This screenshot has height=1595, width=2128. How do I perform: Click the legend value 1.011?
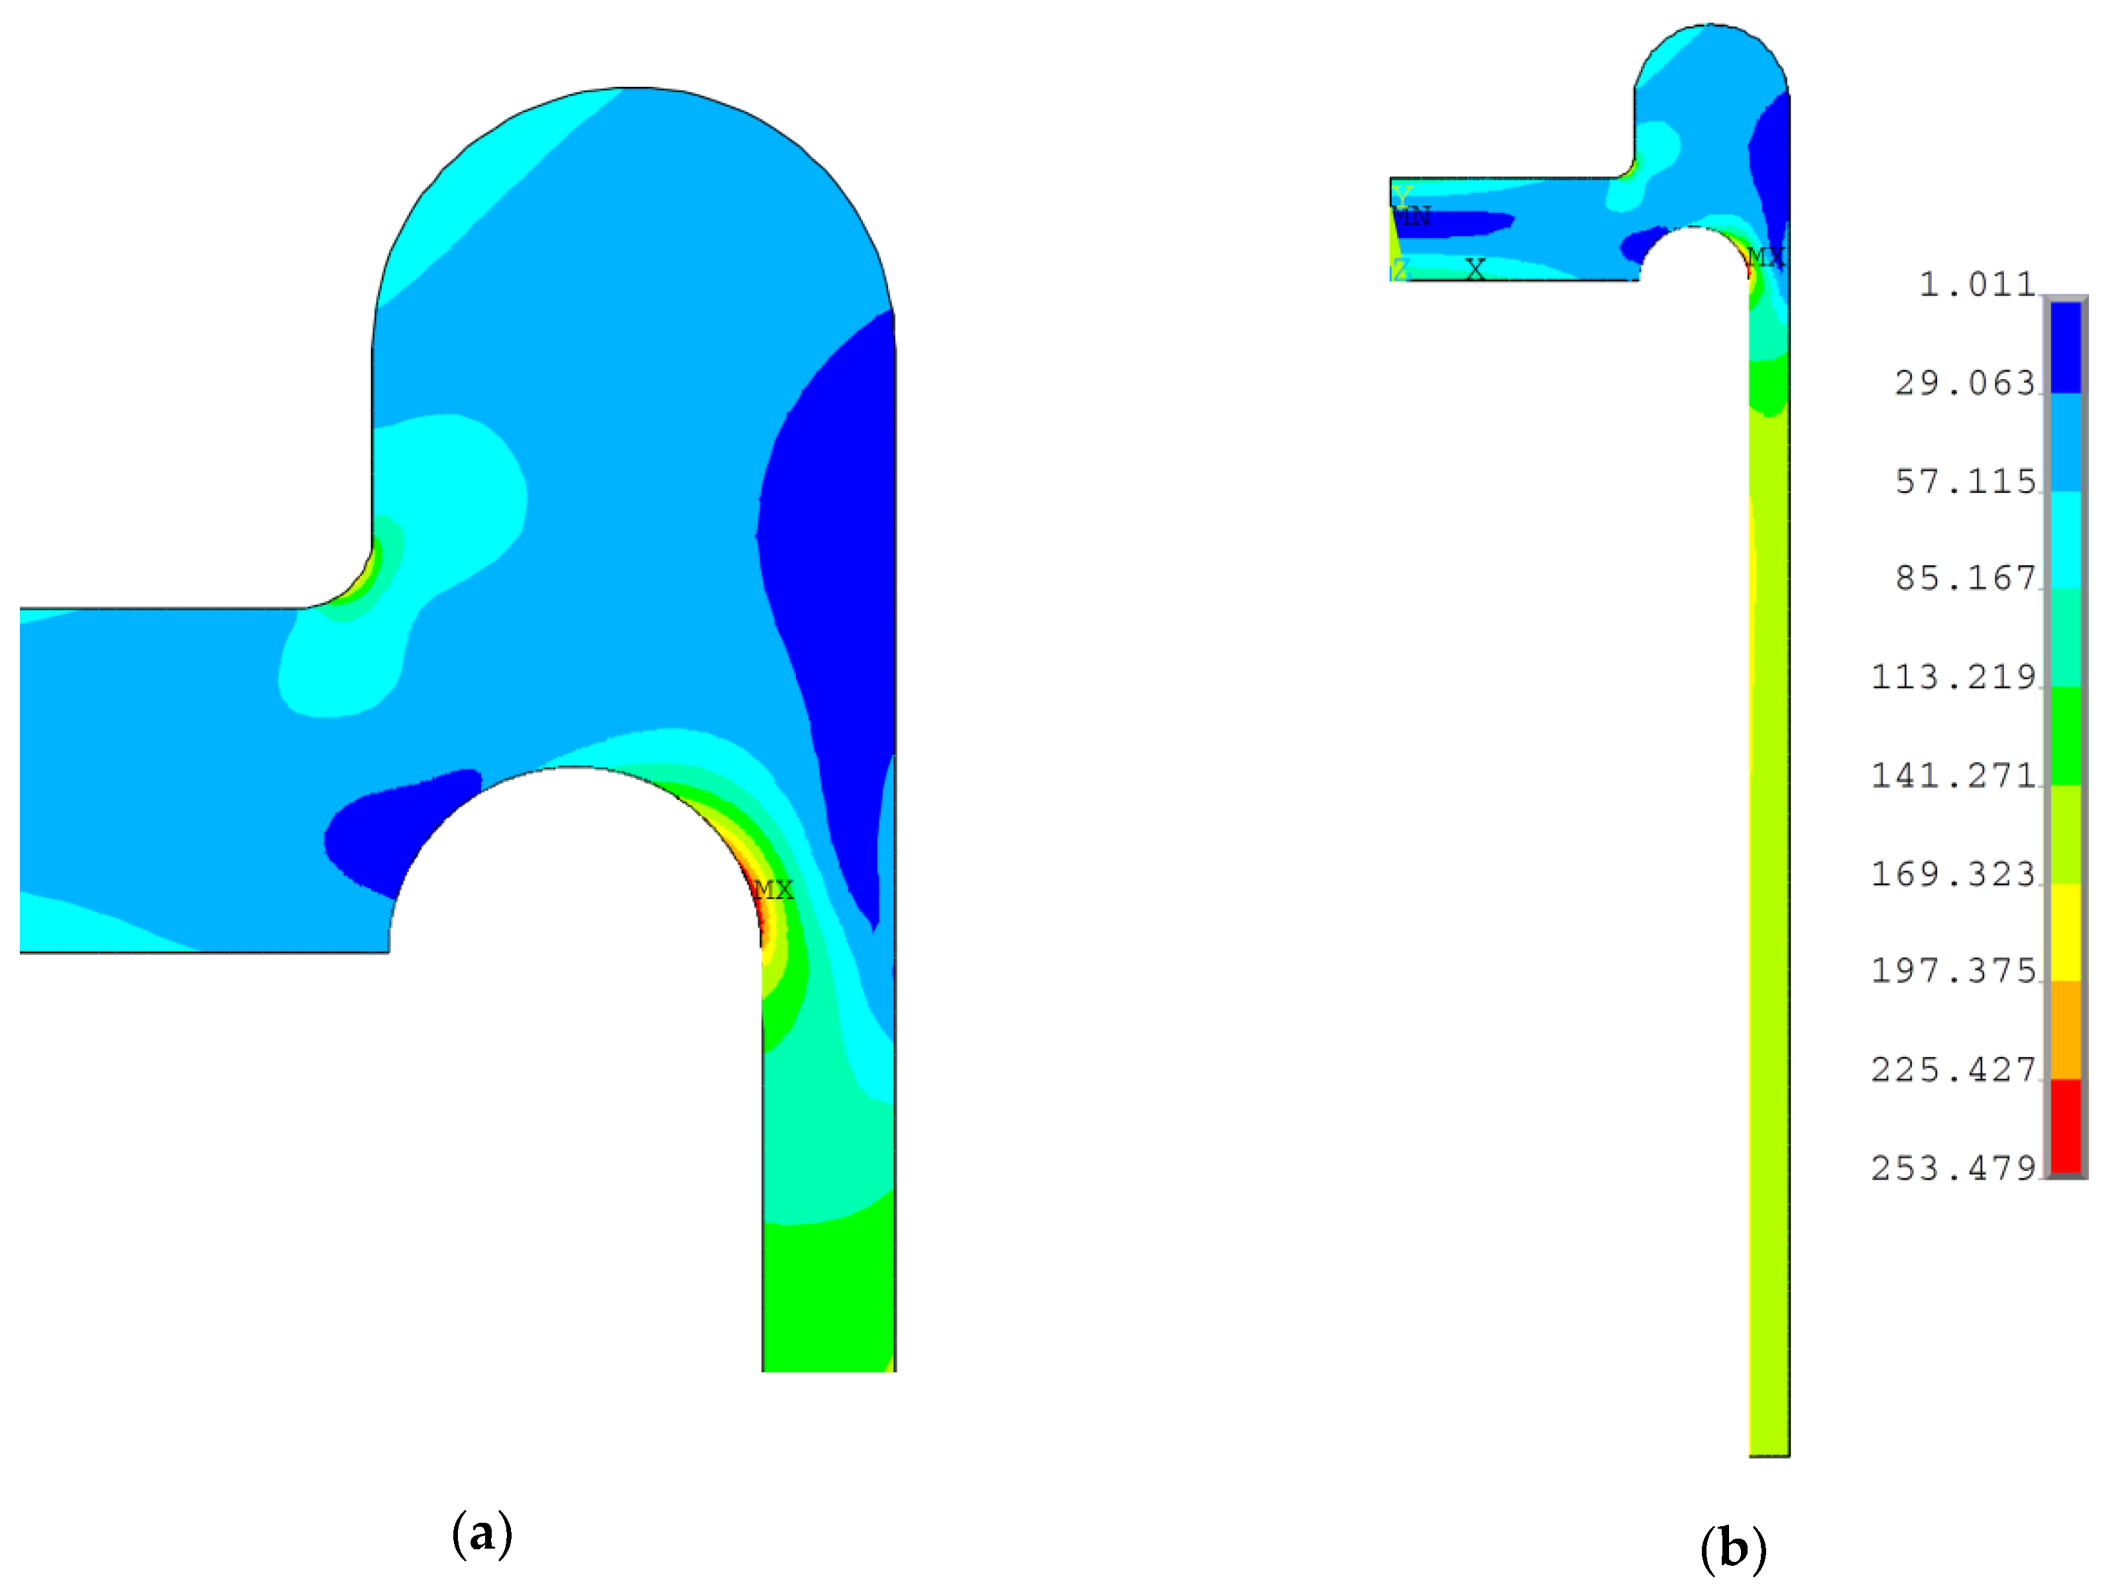1977,285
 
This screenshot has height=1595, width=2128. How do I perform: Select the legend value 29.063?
1966,384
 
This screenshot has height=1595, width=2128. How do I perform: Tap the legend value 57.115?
1966,482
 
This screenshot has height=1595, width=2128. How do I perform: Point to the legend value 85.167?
1966,578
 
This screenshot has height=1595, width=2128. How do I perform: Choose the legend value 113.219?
1953,677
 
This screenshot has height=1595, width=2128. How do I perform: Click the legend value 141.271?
1953,775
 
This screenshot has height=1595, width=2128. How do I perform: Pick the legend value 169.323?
1953,873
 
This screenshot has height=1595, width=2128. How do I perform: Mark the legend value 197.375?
1953,971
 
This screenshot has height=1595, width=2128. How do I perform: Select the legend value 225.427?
1953,1070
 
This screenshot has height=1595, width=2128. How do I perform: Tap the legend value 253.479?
1953,1168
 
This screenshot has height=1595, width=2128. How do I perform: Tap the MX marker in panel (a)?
773,890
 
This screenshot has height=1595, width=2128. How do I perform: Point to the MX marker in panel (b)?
1765,257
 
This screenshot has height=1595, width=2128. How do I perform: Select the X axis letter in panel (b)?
1475,269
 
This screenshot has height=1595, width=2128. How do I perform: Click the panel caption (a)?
481,1533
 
